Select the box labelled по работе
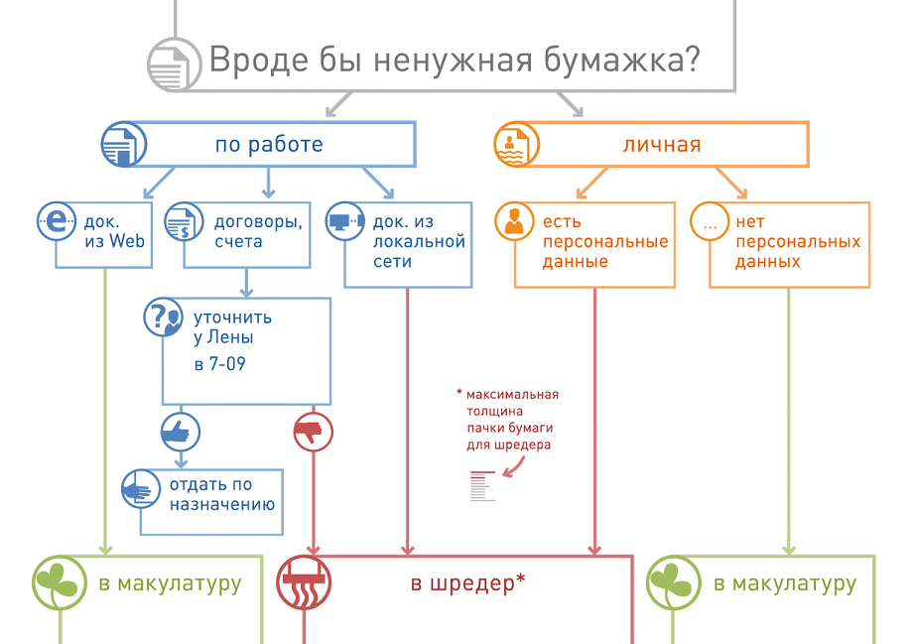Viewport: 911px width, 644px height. point(269,145)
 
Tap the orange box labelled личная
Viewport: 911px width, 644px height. point(662,145)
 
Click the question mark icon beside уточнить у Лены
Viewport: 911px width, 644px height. point(164,318)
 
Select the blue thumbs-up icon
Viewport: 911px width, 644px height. point(180,431)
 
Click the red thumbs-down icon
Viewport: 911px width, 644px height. point(314,432)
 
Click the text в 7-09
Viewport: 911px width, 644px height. point(220,364)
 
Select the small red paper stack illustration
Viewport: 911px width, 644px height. point(481,486)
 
